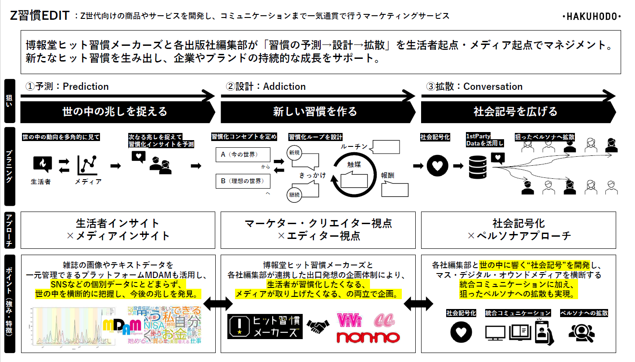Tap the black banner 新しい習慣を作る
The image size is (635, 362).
[315, 111]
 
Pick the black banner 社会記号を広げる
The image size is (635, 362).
[516, 111]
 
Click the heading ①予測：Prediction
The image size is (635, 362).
[68, 86]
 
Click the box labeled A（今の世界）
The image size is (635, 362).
[243, 155]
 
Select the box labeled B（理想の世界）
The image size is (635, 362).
[243, 181]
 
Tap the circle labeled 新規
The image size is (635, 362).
[294, 153]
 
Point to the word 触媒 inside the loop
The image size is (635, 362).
[354, 165]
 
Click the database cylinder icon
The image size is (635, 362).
[478, 167]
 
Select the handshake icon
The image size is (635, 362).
[318, 324]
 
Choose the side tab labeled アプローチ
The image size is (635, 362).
[9, 230]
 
